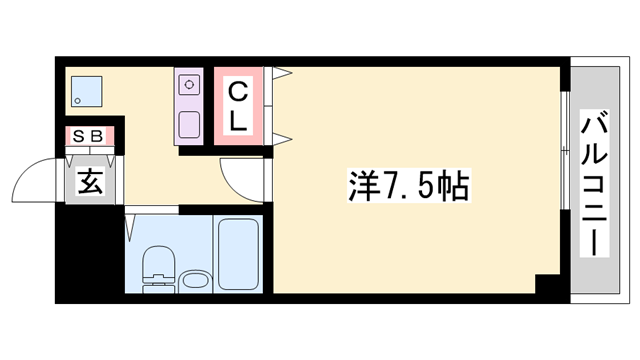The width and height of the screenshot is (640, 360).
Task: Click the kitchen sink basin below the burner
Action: pos(188,124)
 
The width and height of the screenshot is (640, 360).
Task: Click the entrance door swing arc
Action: pos(32,181)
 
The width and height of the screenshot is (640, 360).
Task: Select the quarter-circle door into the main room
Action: pos(241,181)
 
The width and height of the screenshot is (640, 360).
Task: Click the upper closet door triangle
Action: pos(281,73)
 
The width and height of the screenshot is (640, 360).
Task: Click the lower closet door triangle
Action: pos(281,137)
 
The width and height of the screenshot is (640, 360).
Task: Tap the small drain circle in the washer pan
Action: pos(78,100)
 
